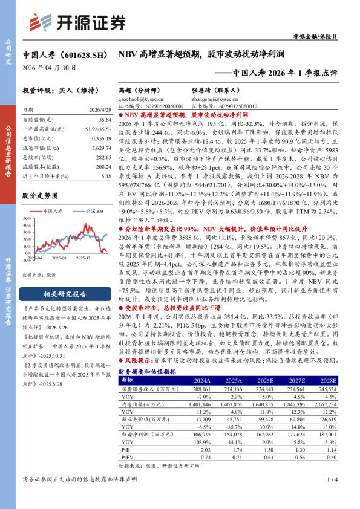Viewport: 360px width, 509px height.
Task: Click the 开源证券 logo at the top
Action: [77, 22]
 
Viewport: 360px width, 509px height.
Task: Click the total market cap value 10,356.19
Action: [99, 138]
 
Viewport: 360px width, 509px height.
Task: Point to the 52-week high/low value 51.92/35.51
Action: [96, 129]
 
